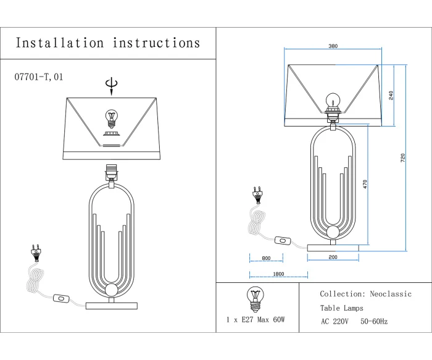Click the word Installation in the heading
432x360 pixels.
pyautogui.click(x=60, y=43)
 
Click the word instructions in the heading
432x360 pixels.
pyautogui.click(x=157, y=43)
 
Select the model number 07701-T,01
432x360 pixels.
pyautogui.click(x=38, y=77)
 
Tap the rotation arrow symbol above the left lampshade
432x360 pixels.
pyautogui.click(x=111, y=85)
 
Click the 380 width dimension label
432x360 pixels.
pyautogui.click(x=333, y=46)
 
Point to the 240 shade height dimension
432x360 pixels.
pyautogui.click(x=391, y=95)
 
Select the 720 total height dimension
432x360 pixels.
pyautogui.click(x=403, y=157)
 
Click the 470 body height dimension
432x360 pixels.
pyautogui.click(x=365, y=185)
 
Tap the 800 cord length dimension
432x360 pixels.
pyautogui.click(x=266, y=258)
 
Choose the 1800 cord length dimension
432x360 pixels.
pyautogui.click(x=278, y=274)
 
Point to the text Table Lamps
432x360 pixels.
pyautogui.click(x=341, y=308)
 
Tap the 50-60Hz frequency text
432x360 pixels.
pyautogui.click(x=375, y=322)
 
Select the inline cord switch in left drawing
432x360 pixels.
pyautogui.click(x=62, y=298)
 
